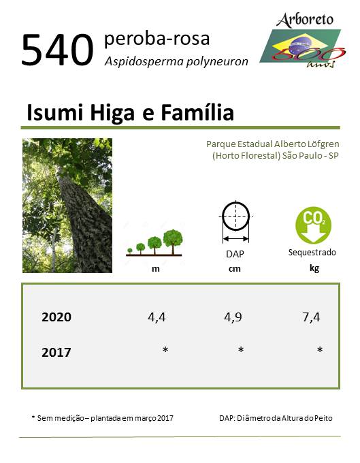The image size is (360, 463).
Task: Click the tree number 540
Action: click(58, 50)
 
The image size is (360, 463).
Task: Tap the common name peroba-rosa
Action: click(157, 39)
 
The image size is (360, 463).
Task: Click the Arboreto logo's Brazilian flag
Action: click(300, 46)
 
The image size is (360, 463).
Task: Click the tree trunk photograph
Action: click(67, 206)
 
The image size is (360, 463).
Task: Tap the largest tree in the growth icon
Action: click(173, 242)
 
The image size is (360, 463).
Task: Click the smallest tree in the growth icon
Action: click(130, 251)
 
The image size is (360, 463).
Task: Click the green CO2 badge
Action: click(313, 225)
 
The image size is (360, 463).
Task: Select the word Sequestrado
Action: click(312, 253)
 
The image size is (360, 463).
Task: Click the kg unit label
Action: click(314, 269)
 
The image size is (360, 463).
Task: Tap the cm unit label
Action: click(234, 269)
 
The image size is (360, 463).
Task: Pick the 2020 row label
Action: click(56, 317)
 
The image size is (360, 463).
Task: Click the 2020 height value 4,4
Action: click(157, 317)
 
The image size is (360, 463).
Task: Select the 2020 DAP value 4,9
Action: click(233, 317)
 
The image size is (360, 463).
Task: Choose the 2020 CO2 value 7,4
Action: click(311, 317)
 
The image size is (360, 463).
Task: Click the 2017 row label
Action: click(56, 353)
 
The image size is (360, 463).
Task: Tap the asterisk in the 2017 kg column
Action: click(320, 350)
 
